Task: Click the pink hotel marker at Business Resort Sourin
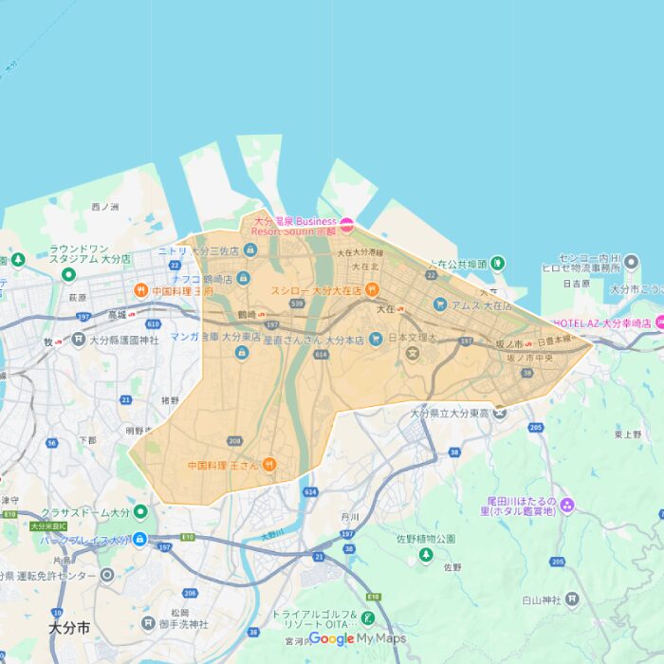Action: click(347, 225)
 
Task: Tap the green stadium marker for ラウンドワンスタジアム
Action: click(68, 275)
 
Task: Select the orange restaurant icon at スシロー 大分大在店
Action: click(373, 289)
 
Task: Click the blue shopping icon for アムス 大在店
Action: click(440, 304)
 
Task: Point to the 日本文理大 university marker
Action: click(413, 353)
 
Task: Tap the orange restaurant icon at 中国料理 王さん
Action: click(269, 465)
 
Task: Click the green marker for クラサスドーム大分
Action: click(140, 512)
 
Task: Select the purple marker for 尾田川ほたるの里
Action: click(567, 504)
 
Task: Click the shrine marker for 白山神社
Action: click(572, 599)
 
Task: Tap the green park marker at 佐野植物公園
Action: click(426, 554)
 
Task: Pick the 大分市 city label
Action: click(69, 629)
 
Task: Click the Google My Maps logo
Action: click(358, 638)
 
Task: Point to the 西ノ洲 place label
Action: click(104, 207)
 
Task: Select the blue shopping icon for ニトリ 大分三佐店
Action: click(249, 250)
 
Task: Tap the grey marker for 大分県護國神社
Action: click(79, 339)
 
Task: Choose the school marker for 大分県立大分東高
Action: click(499, 412)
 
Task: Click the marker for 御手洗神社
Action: click(148, 623)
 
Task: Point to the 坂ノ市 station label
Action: click(509, 343)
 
